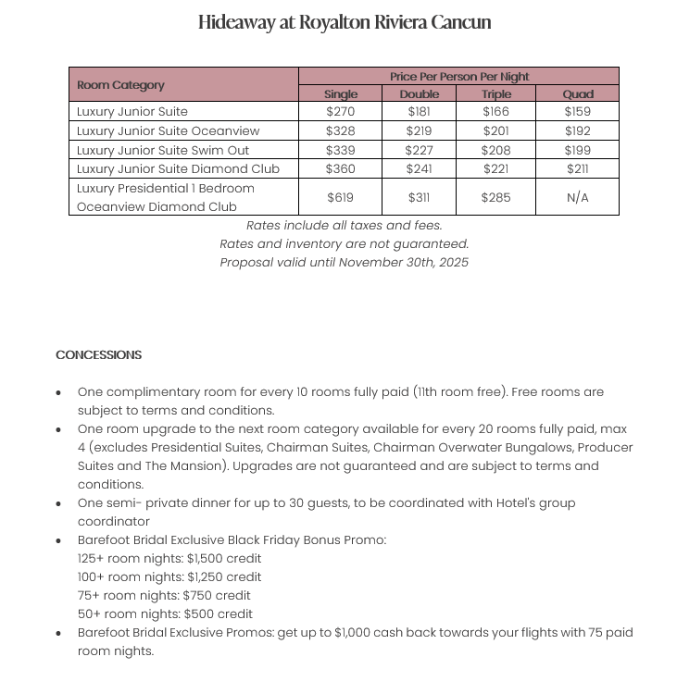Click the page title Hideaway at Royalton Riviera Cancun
(344, 22)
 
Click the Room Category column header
(120, 85)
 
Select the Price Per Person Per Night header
(458, 77)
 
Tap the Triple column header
(496, 94)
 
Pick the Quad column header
(578, 94)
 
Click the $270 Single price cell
(341, 112)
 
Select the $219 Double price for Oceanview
(420, 131)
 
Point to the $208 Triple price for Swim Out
(496, 150)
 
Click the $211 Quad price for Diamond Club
(578, 169)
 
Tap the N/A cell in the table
(578, 198)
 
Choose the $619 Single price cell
(341, 198)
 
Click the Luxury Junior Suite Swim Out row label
(163, 150)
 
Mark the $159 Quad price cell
(578, 112)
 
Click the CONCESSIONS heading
(99, 355)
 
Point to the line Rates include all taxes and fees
(344, 226)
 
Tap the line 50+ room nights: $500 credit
(166, 614)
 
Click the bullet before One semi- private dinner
(59, 504)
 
